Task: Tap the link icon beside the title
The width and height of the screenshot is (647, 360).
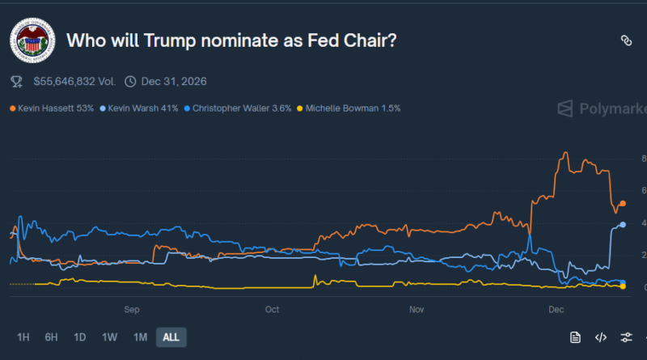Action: pos(625,40)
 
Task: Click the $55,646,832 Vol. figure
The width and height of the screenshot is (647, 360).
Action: pos(74,81)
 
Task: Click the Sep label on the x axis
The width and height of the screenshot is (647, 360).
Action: pos(133,309)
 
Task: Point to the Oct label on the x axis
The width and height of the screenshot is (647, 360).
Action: pos(272,309)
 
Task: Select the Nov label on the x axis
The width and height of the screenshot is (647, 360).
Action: pos(417,309)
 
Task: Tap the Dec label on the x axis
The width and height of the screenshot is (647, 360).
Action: pos(556,309)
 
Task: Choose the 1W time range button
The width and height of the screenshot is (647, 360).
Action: pos(110,337)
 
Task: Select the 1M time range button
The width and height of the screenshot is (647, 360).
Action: pos(140,337)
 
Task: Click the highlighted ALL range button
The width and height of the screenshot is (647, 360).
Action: pos(171,337)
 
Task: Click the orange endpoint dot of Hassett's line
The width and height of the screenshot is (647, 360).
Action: pos(622,204)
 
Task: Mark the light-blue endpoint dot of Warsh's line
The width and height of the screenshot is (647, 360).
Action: pos(622,224)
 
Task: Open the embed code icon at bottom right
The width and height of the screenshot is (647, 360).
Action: pos(600,337)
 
